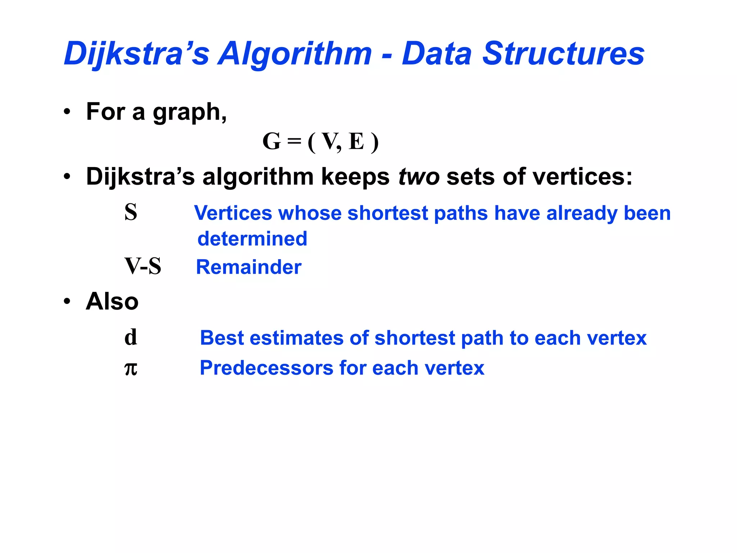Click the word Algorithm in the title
295,54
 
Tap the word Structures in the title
563,54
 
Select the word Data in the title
436,54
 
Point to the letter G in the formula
272,141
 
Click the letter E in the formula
356,141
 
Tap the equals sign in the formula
294,141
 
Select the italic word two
419,177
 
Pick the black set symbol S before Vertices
131,212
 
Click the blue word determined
252,239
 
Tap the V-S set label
143,266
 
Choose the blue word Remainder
249,267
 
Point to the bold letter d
131,337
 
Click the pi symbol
131,368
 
